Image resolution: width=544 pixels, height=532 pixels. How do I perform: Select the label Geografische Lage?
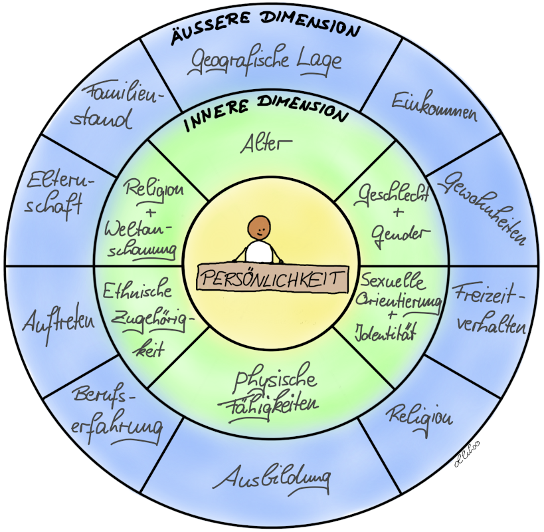[266, 61]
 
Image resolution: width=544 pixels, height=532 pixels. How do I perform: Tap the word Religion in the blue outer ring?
[420, 416]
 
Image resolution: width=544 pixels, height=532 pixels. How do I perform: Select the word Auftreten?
[59, 323]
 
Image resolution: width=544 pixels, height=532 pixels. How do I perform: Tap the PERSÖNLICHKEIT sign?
[272, 276]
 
